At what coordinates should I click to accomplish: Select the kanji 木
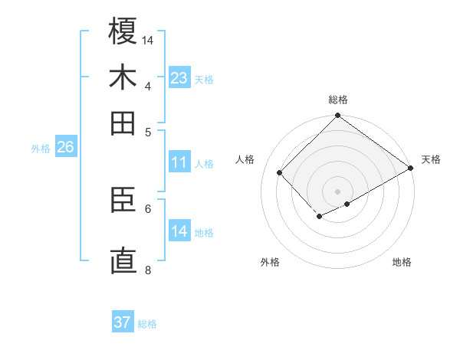click(x=123, y=77)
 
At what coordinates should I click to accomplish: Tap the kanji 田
click(x=123, y=123)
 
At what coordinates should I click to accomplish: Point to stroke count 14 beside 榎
click(x=148, y=40)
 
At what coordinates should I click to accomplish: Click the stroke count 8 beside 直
click(x=148, y=269)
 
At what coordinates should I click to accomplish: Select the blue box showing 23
click(x=179, y=77)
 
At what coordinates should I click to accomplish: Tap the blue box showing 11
click(x=179, y=162)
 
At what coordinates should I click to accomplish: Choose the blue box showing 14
click(x=179, y=231)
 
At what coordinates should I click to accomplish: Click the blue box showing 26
click(x=65, y=148)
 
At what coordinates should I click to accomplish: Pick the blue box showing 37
click(x=122, y=322)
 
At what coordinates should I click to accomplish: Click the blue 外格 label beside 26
click(x=41, y=149)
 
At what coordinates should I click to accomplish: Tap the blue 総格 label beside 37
click(x=147, y=324)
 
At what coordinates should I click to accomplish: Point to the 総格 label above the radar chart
click(x=338, y=100)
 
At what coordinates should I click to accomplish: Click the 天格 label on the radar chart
click(x=431, y=159)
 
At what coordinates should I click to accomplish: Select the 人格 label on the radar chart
click(x=245, y=159)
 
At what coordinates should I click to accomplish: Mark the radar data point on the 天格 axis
click(x=411, y=168)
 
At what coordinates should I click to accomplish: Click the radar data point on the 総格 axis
click(x=338, y=116)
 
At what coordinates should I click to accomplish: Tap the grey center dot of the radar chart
click(x=338, y=191)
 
